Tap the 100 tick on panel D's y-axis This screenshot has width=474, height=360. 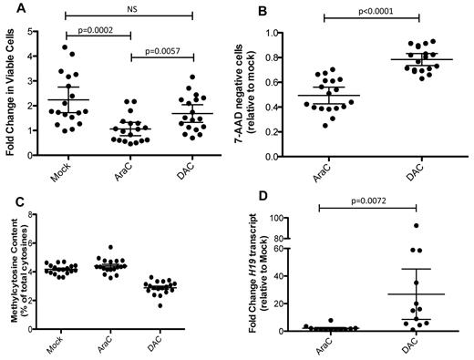click(290, 218)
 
